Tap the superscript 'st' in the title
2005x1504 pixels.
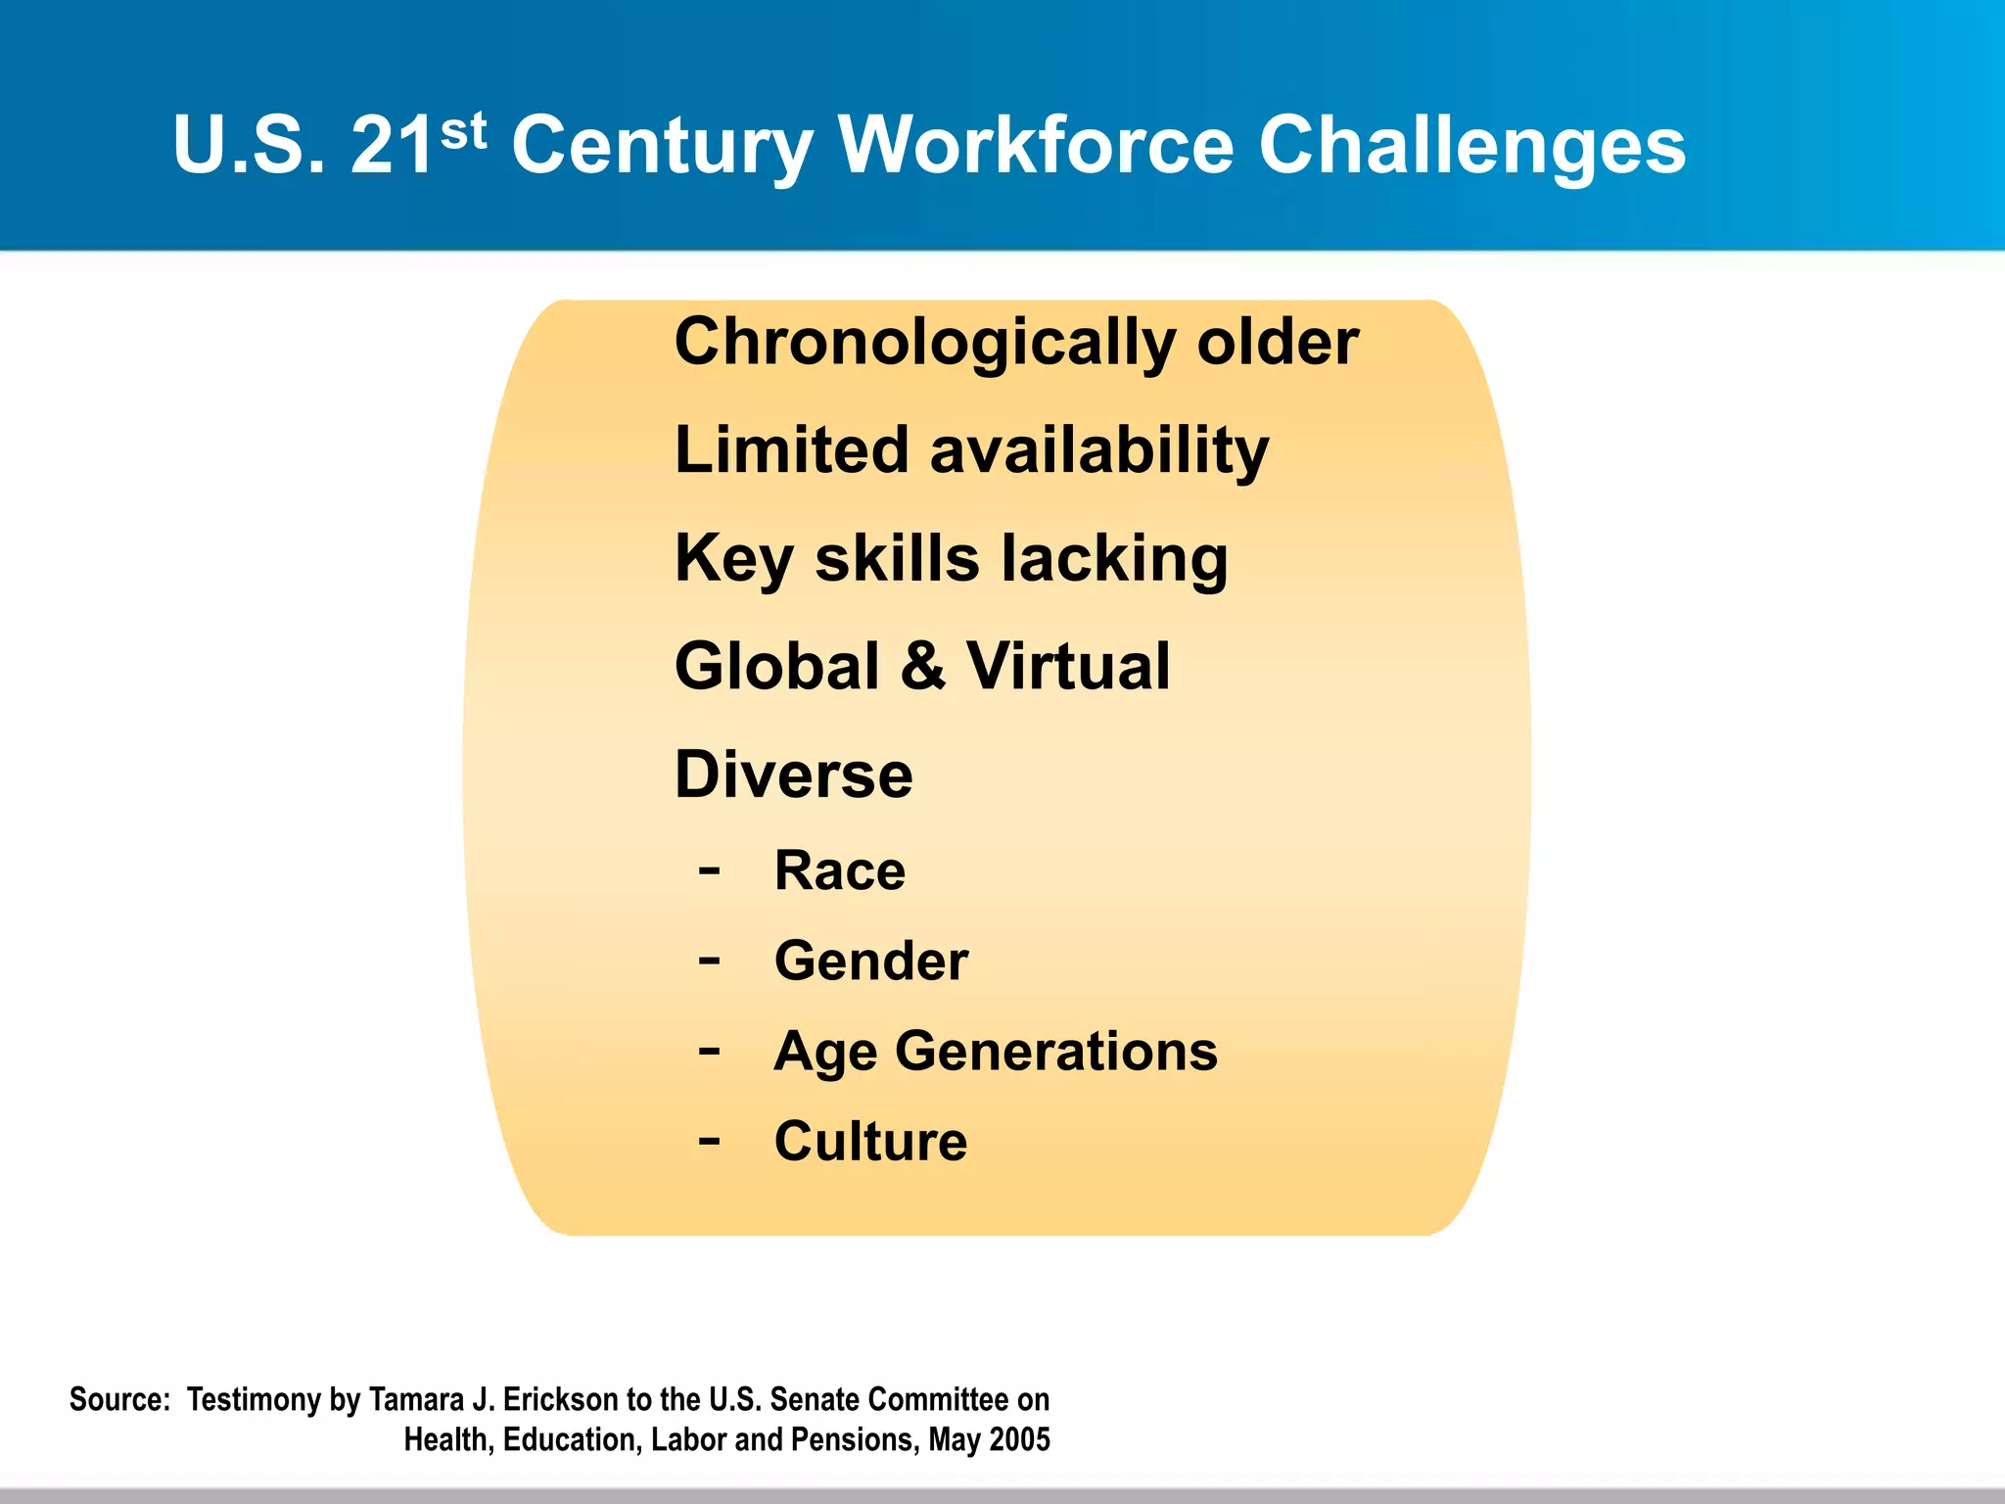[463, 130]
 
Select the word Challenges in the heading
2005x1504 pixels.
[1471, 147]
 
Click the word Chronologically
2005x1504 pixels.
[925, 344]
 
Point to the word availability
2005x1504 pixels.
[1098, 451]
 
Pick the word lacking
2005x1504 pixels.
[1114, 559]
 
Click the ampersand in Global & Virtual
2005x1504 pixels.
[922, 666]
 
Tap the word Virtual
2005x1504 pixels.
[1068, 666]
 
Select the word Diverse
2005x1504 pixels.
[794, 775]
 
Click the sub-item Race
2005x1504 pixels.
[840, 869]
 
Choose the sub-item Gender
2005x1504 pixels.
[871, 961]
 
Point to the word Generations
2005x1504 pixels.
[1056, 1051]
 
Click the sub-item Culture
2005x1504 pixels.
[870, 1141]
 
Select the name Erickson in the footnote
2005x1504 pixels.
[561, 1400]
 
